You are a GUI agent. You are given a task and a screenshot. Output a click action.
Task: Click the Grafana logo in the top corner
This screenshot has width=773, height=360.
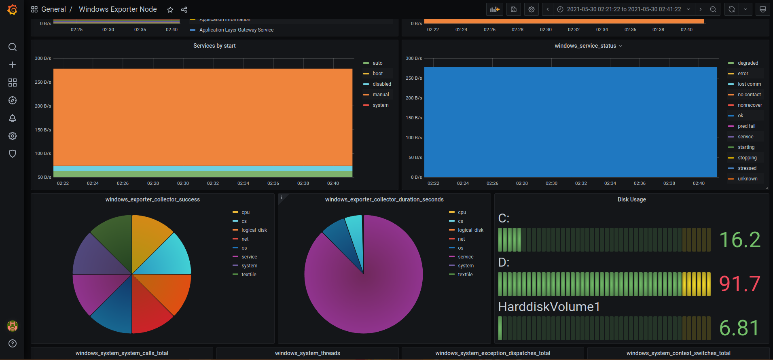[13, 9]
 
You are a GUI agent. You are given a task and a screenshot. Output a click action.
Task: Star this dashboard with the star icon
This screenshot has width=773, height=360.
[170, 10]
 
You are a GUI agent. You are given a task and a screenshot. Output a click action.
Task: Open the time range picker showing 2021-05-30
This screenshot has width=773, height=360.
[623, 9]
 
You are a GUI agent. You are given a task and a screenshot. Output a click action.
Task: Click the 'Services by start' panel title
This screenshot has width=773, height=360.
[214, 46]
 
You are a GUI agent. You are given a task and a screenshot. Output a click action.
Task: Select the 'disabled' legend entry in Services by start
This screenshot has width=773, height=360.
[382, 84]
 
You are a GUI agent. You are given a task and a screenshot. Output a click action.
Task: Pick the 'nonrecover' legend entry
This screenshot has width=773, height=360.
[750, 105]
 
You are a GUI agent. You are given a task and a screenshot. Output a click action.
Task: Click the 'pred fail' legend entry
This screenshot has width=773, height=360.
[746, 126]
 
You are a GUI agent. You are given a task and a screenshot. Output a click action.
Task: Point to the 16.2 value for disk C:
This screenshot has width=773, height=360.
[740, 239]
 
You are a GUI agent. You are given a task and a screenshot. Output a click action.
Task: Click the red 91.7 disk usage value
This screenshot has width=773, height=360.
[740, 284]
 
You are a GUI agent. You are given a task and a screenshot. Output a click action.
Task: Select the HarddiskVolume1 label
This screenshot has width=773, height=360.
[549, 307]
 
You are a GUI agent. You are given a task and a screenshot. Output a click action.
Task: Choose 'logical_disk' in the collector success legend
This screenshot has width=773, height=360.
[254, 230]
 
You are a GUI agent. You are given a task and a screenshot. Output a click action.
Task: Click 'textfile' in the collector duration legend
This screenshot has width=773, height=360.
[465, 275]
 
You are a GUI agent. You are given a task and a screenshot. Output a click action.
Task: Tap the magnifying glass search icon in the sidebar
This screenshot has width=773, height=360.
[13, 47]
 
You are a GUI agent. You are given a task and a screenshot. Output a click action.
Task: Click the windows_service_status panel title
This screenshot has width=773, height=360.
[585, 46]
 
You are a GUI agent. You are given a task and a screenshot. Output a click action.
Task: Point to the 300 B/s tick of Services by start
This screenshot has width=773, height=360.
[43, 58]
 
